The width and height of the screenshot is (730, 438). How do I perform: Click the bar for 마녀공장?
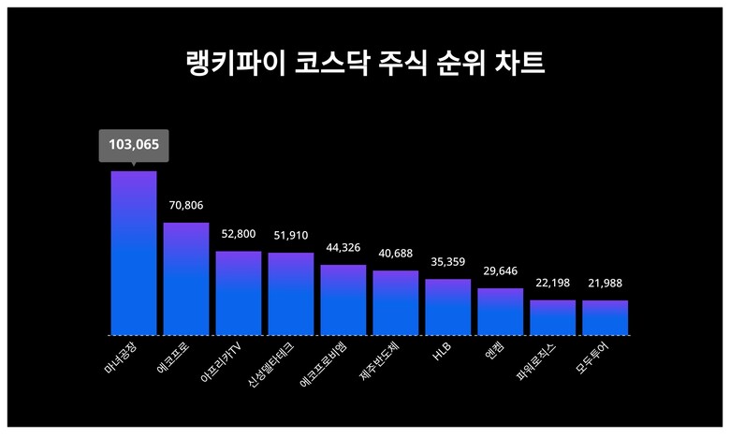[x=134, y=253]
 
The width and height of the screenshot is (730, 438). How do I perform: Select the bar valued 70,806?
[x=186, y=278]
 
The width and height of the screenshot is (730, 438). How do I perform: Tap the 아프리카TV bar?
[x=239, y=293]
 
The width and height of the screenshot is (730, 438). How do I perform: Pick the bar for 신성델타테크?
[x=291, y=294]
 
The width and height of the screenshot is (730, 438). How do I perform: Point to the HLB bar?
[x=447, y=307]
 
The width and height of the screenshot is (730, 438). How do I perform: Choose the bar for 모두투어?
[x=605, y=317]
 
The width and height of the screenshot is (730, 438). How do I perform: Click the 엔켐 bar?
[x=500, y=312]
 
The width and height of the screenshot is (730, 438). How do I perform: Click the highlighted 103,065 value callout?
[x=134, y=145]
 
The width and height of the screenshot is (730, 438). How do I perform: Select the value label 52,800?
[x=239, y=234]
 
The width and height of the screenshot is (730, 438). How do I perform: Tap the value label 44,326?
[x=343, y=248]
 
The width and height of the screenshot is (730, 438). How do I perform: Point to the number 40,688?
[x=396, y=253]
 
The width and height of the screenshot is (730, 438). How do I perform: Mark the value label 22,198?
[x=552, y=283]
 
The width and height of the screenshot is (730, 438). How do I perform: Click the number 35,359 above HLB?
[x=447, y=262]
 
